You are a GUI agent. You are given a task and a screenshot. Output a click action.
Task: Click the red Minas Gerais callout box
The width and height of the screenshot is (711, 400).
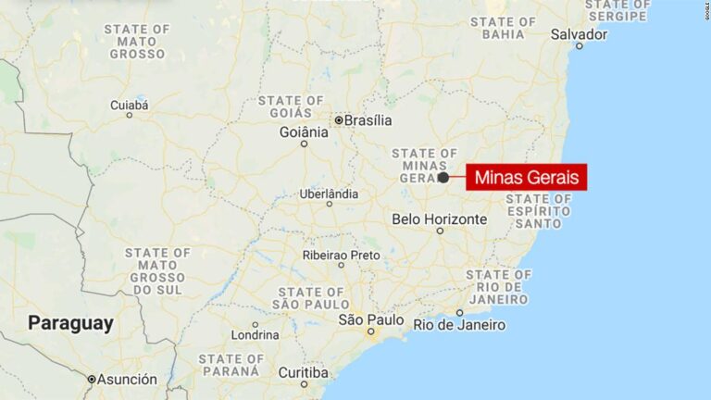pos(526,177)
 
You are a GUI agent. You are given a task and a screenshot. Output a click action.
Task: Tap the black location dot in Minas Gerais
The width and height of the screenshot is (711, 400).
pos(443,177)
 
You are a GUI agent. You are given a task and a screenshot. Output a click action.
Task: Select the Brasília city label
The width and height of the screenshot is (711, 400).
pos(368,120)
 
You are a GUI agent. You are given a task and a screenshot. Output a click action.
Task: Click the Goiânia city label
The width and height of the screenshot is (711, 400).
pos(304,132)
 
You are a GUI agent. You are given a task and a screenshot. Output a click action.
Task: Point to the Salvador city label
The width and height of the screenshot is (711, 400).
pos(579,34)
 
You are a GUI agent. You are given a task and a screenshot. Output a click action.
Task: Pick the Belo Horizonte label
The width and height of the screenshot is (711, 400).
pos(439,219)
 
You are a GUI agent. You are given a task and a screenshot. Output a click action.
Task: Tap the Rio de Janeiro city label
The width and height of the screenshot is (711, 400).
pos(459,325)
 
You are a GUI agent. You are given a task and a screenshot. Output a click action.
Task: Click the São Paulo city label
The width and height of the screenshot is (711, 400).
pos(370,320)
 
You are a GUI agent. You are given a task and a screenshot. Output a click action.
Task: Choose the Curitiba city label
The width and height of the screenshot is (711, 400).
pos(303,372)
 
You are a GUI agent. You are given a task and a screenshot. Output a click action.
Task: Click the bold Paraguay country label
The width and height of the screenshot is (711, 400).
pos(70,323)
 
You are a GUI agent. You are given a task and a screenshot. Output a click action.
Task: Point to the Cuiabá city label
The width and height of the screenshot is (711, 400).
pos(129,106)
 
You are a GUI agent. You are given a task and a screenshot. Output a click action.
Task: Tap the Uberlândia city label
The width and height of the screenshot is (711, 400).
pos(328,194)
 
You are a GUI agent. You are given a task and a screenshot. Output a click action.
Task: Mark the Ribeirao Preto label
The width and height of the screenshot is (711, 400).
pos(341,255)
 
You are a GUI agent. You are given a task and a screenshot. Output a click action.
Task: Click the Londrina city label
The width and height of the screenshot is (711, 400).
pos(256,335)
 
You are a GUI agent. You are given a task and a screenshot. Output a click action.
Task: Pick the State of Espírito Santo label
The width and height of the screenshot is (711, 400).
pos(538,211)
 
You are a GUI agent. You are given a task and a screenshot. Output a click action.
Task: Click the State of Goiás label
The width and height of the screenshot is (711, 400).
pos(291,106)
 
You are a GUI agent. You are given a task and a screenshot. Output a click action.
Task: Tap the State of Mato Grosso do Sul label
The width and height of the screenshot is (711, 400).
pos(157,271)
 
